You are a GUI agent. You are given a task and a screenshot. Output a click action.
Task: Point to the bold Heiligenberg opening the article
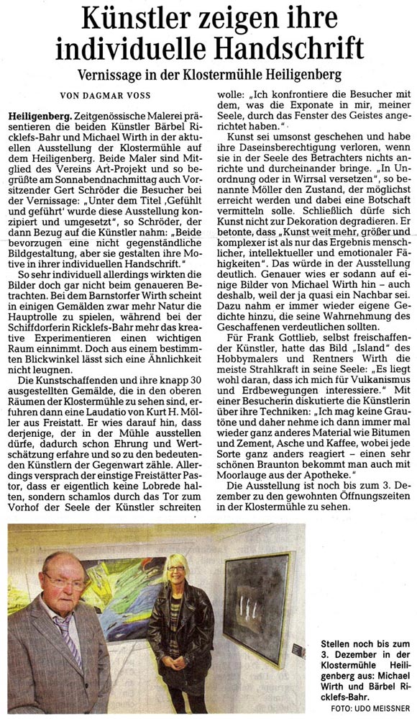[40, 115]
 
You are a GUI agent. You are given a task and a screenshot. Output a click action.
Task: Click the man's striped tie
[68, 634]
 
